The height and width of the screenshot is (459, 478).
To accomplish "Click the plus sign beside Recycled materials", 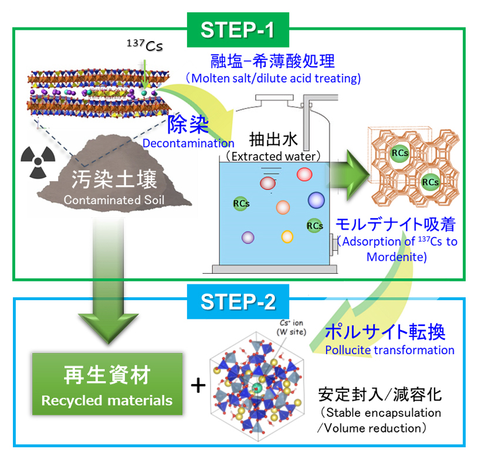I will click(x=199, y=385).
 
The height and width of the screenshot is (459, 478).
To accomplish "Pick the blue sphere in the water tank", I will click(x=316, y=200).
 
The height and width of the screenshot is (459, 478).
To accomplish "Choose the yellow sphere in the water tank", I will click(x=287, y=236).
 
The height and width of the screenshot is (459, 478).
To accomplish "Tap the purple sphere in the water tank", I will click(x=248, y=237).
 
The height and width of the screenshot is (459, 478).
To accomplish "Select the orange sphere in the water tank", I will click(x=283, y=207).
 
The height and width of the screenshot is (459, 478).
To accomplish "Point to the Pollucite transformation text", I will click(x=389, y=350).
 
